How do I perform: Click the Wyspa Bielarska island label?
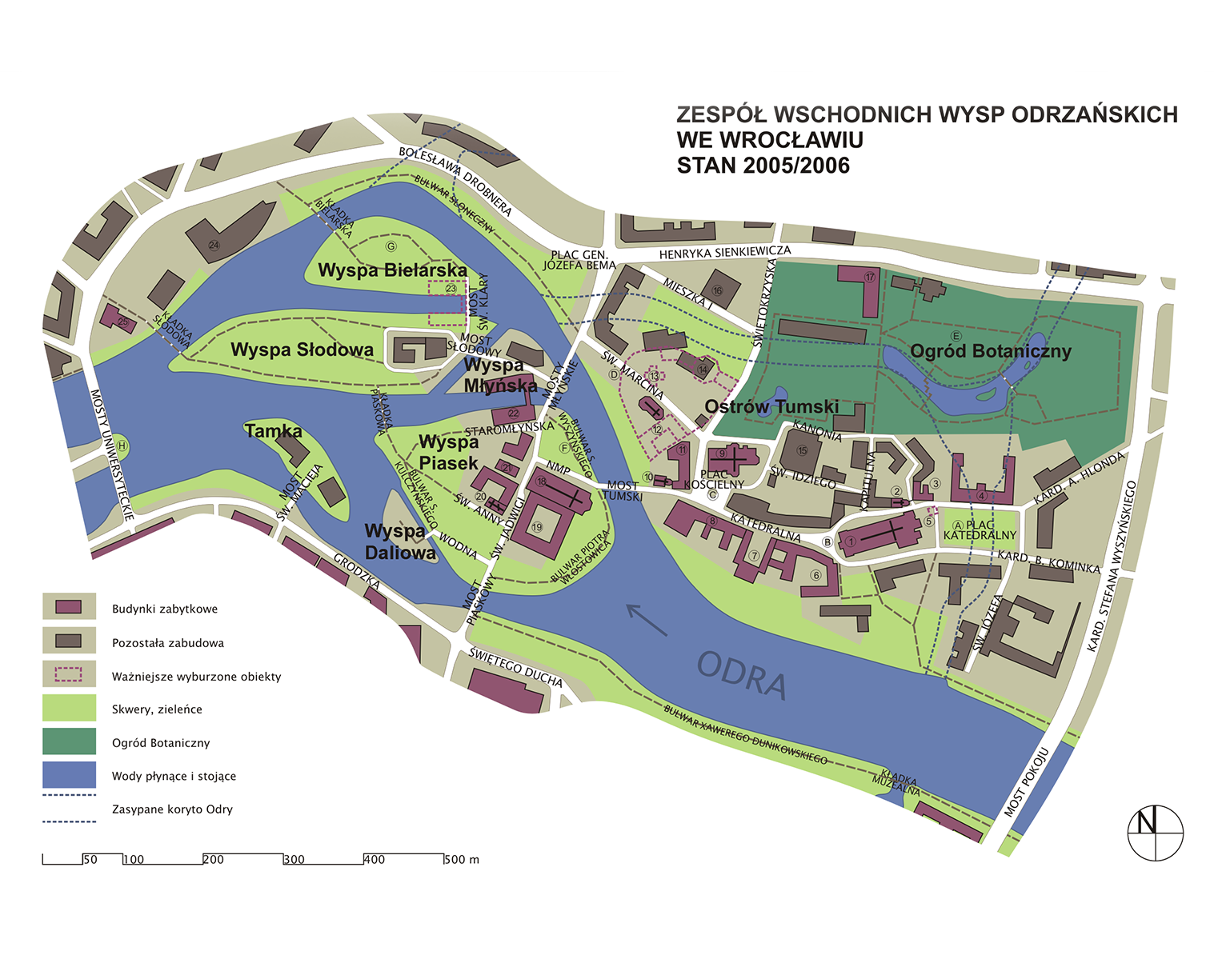coord(392,270)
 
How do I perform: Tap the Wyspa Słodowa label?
coord(302,350)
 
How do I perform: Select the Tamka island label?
coord(274,431)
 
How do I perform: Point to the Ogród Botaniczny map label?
coord(990,351)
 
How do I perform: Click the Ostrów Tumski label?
coord(771,406)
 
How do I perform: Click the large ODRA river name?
coord(742,674)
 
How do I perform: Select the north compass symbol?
coord(1155,833)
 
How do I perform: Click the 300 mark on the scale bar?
coord(293,860)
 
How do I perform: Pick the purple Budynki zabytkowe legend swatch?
coord(69,607)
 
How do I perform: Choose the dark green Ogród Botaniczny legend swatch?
coord(69,741)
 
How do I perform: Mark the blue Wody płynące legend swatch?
coord(69,775)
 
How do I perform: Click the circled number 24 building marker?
coord(214,245)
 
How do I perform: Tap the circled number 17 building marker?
coord(870,278)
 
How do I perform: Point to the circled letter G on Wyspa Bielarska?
coord(391,246)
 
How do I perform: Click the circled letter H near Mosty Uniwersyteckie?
coord(122,446)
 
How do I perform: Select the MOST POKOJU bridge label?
coord(1026,782)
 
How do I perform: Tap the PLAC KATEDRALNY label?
coord(979,530)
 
